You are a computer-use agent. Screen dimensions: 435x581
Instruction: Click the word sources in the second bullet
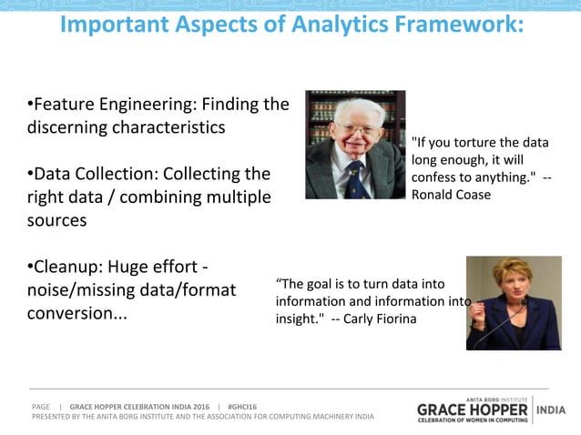57,220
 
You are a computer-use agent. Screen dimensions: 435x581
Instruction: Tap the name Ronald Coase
452,195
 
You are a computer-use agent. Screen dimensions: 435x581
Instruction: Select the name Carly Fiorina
379,319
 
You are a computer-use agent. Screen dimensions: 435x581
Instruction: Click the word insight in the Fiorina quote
295,319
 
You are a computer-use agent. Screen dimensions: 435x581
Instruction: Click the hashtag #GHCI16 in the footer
242,406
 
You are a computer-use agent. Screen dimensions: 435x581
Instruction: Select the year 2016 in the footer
200,406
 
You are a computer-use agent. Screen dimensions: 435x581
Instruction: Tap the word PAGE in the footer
40,406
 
